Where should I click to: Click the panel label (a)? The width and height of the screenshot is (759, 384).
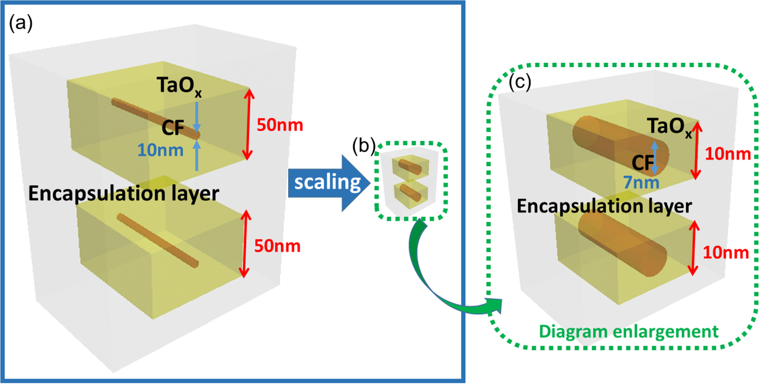21,23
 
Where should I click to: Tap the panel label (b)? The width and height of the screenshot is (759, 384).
364,145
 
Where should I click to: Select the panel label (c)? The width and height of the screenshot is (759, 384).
520,82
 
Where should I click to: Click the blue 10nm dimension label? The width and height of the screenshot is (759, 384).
160,150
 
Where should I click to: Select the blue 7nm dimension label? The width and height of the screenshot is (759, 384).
641,182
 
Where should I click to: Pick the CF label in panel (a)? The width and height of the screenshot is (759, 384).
173,128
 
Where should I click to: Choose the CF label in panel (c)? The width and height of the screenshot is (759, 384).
642,163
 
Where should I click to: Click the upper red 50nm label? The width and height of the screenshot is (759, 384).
279,125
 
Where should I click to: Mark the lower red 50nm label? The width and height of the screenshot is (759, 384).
277,246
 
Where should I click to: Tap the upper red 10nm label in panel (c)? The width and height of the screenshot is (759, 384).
728,154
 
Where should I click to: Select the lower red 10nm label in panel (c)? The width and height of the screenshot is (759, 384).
725,252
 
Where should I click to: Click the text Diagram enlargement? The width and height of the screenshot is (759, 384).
628,332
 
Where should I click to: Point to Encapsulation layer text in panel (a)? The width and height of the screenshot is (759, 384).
123,193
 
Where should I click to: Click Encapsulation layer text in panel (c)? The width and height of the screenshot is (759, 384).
604,206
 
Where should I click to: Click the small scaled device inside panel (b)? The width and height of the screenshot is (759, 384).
410,181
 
